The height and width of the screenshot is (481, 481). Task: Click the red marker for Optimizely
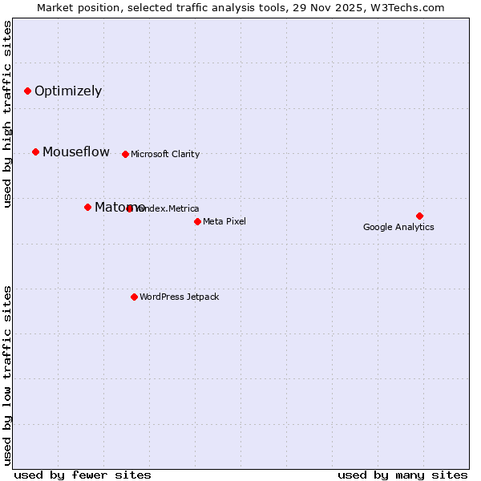click(27, 91)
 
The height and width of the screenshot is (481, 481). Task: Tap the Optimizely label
click(68, 91)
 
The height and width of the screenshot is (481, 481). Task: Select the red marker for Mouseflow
click(35, 152)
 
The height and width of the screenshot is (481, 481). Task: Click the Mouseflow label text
click(76, 152)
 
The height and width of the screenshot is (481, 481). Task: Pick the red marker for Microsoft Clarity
click(125, 154)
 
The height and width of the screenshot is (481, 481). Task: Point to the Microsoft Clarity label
click(165, 154)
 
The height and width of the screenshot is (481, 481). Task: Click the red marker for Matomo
click(87, 207)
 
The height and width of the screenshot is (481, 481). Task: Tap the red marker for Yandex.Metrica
click(130, 208)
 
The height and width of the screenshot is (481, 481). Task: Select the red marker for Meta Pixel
click(197, 221)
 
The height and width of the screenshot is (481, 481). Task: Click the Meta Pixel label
click(224, 221)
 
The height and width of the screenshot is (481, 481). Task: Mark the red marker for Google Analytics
click(419, 216)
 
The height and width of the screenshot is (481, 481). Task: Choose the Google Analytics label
click(398, 227)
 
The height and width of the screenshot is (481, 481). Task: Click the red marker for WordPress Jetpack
click(134, 297)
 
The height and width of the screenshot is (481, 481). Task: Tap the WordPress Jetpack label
click(179, 297)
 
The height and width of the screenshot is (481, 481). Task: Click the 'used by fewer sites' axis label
click(83, 475)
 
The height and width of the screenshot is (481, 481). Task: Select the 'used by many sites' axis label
click(402, 475)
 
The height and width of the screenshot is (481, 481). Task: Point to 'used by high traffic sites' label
click(8, 114)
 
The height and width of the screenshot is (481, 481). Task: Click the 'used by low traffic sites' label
click(8, 375)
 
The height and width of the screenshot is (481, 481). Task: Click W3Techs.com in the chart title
click(409, 7)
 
